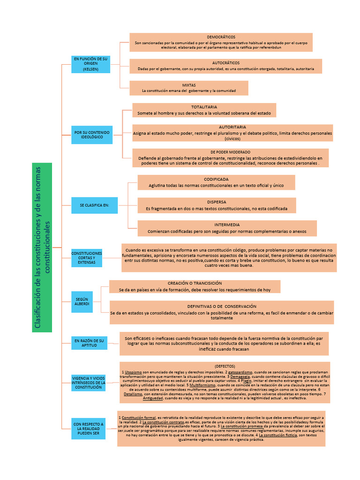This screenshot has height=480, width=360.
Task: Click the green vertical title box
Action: point(42,247)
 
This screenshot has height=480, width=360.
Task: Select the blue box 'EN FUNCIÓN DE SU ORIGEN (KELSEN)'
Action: point(90,64)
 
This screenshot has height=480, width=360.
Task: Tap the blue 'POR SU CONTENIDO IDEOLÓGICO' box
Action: point(92,135)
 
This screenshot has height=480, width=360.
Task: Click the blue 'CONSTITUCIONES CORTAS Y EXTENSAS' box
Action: point(86,258)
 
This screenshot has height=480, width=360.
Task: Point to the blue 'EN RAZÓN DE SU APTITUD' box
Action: point(89,342)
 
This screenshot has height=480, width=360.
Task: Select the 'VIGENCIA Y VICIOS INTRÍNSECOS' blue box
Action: point(88,382)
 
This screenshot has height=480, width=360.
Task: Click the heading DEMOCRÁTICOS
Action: point(221,37)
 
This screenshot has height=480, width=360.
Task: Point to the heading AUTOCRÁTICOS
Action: point(226,63)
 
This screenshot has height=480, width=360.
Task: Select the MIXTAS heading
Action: point(189,85)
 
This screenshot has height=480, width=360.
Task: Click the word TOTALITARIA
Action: point(204,107)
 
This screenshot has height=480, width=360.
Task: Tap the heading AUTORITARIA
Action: point(232,127)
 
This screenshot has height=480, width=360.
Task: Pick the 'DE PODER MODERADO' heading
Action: point(230,152)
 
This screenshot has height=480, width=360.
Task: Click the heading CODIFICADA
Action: point(216,180)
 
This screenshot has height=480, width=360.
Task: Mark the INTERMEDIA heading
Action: point(227,225)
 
